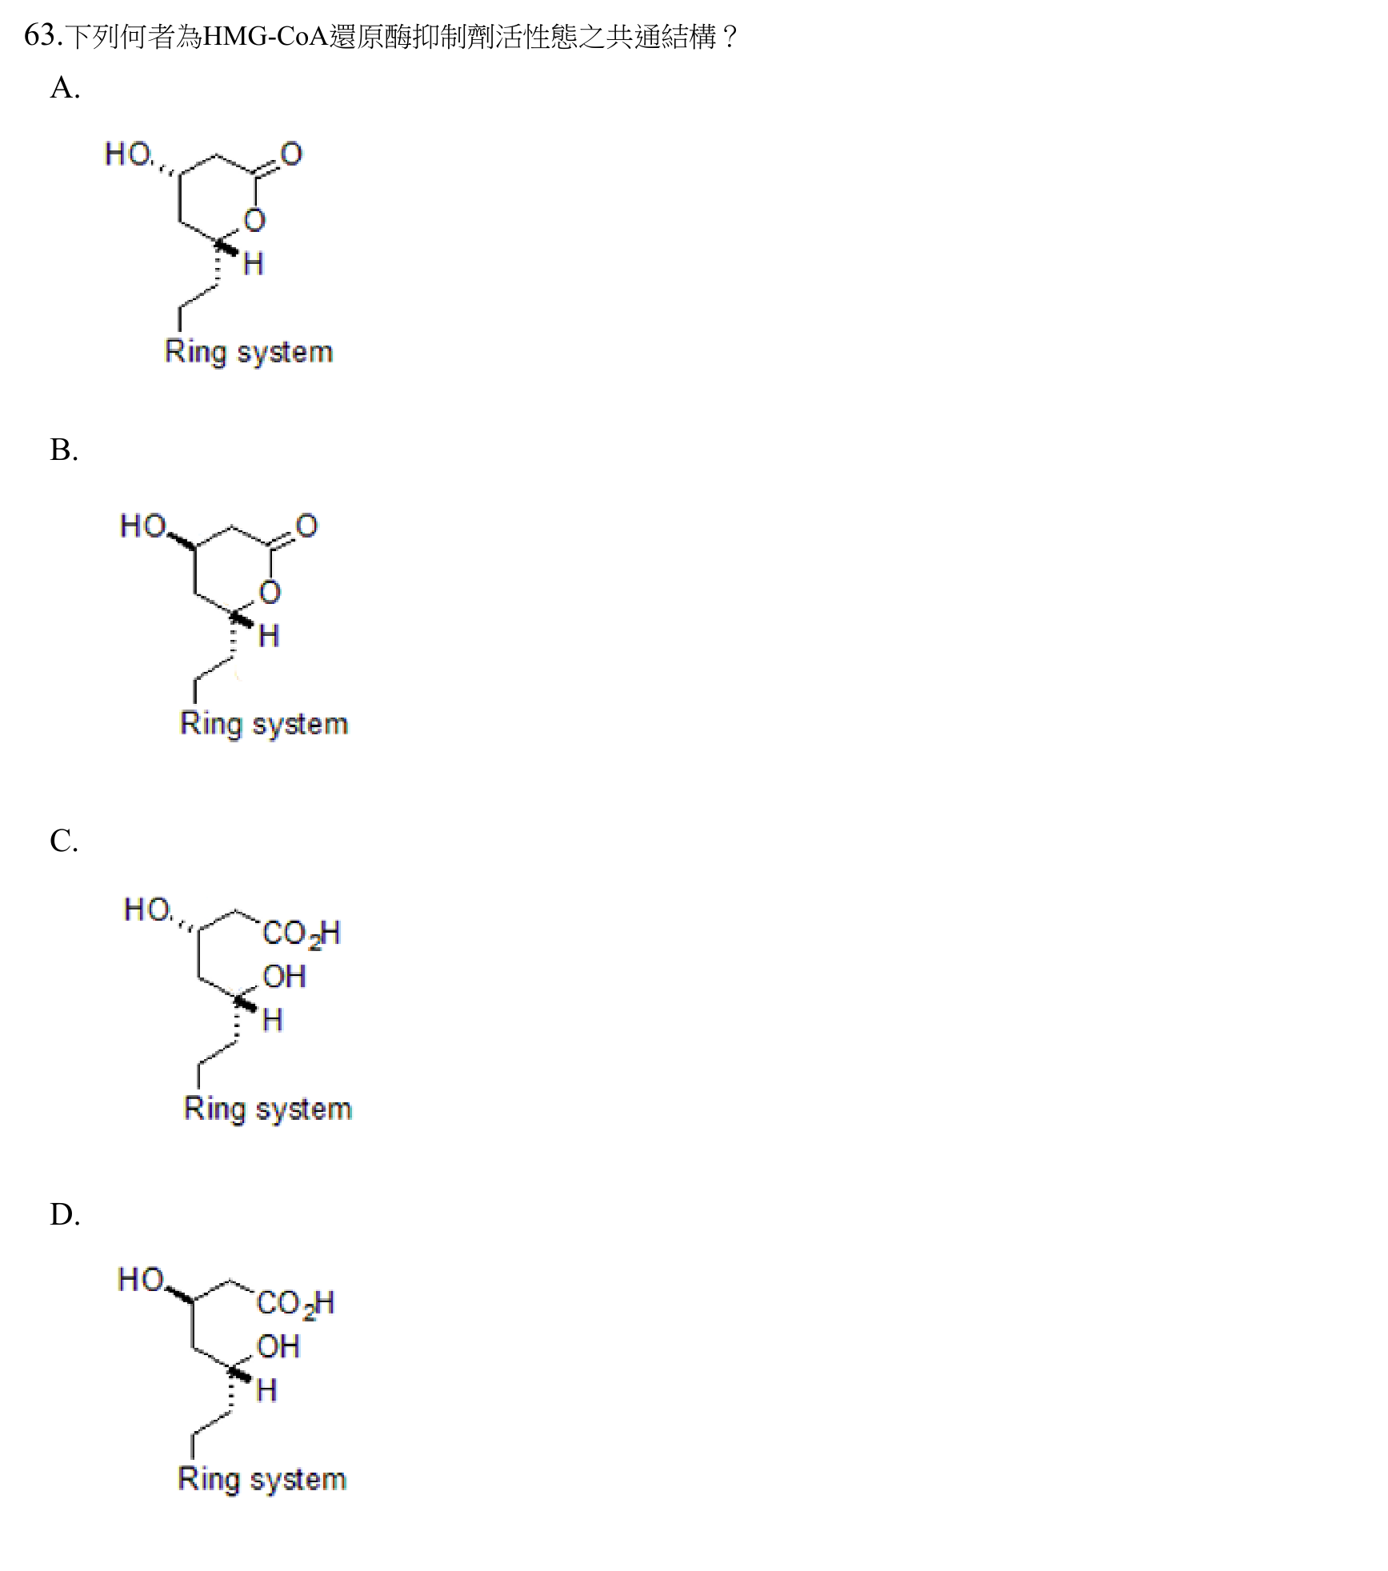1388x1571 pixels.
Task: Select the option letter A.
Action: coord(65,87)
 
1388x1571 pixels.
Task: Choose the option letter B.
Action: coord(64,450)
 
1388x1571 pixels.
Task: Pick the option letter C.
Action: coord(64,841)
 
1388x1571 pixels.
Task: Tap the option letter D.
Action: coord(65,1214)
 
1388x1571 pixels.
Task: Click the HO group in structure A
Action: coord(128,154)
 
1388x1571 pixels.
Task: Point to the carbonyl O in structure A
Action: coord(291,154)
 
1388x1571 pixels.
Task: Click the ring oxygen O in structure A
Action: coord(254,220)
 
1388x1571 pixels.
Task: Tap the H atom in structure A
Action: coord(254,263)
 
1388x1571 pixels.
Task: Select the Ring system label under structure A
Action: coord(249,353)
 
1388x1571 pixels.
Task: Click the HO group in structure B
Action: coord(143,526)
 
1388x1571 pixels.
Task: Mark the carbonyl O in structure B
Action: coord(306,526)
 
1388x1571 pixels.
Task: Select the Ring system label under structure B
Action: coord(264,725)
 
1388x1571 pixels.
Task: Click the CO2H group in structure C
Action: coord(302,933)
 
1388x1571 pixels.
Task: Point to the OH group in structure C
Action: coord(284,977)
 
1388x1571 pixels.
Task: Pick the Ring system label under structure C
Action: coord(268,1109)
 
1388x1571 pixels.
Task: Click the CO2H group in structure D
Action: coord(295,1304)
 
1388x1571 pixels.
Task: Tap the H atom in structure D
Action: coord(266,1390)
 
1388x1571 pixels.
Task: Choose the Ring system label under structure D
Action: coord(262,1480)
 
